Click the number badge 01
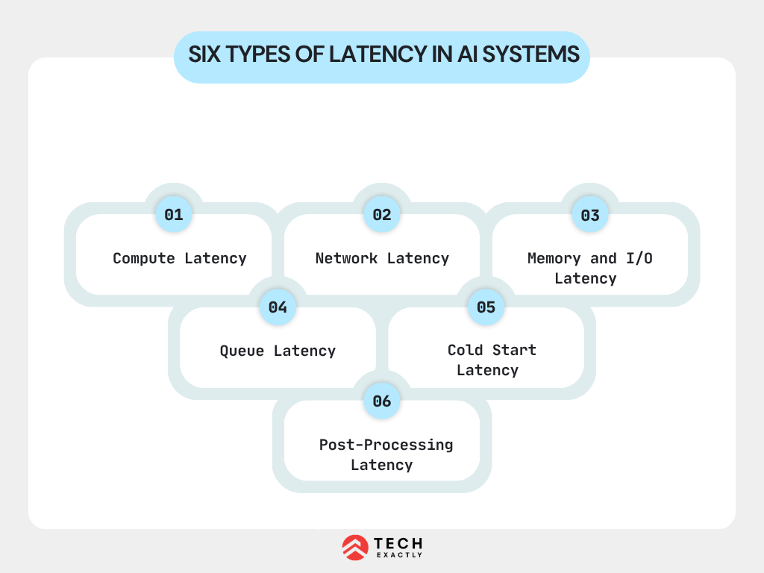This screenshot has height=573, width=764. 174,215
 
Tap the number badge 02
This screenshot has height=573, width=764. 382,215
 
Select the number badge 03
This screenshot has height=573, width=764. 590,215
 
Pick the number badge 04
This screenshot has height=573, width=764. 278,307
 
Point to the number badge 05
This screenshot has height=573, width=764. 486,307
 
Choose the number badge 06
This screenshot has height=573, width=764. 382,401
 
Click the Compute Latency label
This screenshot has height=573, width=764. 179,258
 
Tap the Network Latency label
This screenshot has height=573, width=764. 382,258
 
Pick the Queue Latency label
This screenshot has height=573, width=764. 278,351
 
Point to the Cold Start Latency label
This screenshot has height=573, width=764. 491,360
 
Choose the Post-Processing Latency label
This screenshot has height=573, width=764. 385,454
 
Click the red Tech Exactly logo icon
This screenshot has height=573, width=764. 354,548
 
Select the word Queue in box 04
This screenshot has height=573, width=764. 242,351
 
